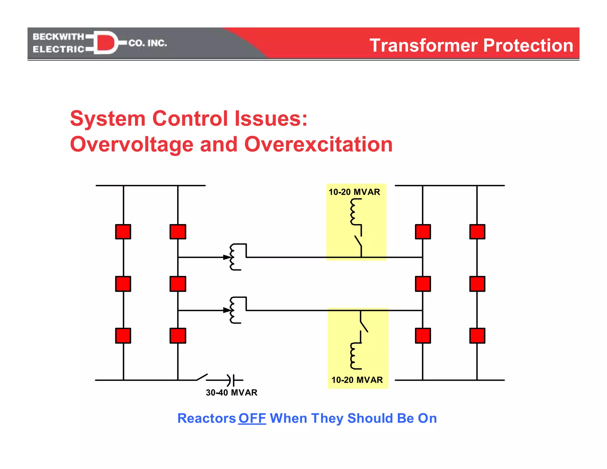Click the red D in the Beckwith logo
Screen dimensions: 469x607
tap(106, 43)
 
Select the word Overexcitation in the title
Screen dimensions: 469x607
tap(318, 144)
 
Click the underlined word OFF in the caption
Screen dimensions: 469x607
tap(252, 418)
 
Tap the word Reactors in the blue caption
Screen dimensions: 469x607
tap(206, 418)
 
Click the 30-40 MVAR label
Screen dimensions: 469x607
tap(231, 393)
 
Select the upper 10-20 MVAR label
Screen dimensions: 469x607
tap(354, 192)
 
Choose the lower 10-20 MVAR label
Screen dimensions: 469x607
tap(357, 380)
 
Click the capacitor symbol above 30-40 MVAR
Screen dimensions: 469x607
tap(231, 380)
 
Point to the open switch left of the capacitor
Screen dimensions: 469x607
tap(202, 377)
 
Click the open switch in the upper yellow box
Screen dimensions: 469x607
tap(359, 241)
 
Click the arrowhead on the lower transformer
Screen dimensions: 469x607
tap(227, 310)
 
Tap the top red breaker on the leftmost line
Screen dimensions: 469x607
tap(123, 232)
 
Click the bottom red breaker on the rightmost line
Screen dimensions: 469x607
tap(477, 336)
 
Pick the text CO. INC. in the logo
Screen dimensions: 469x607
tap(148, 43)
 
